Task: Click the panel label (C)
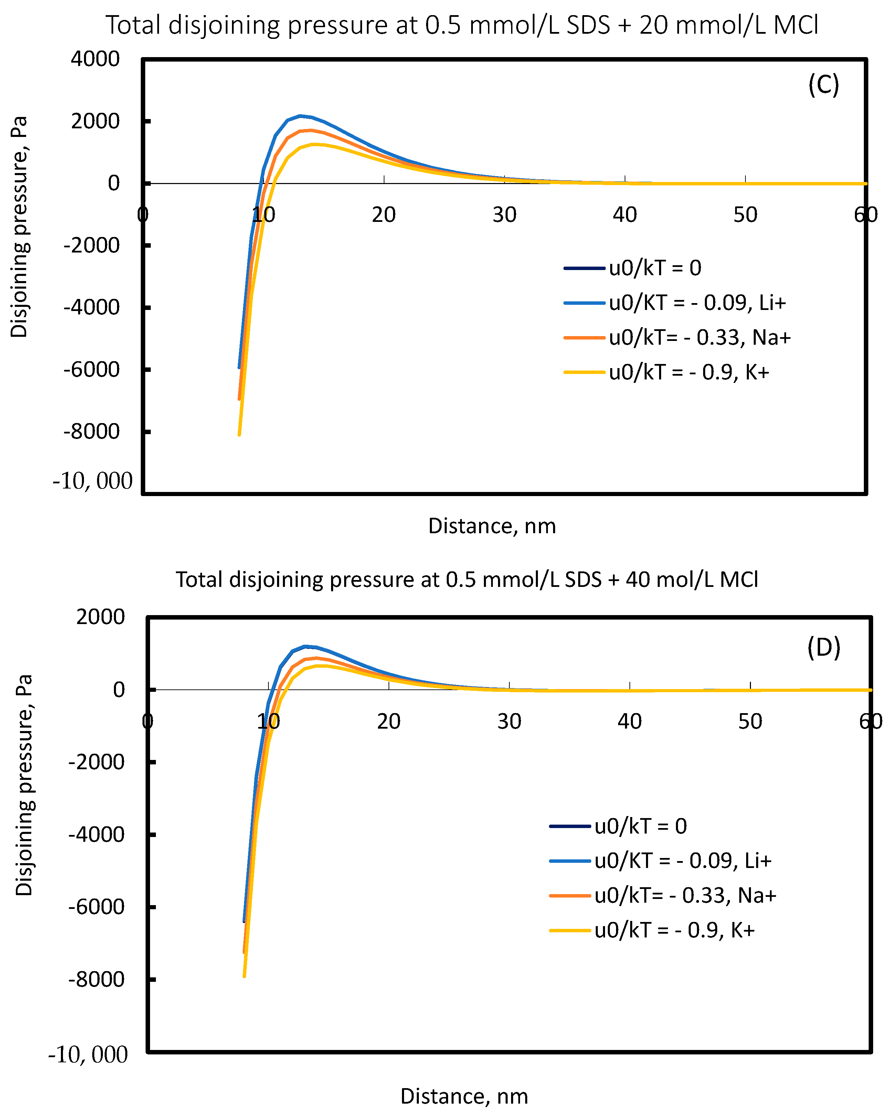pyautogui.click(x=823, y=84)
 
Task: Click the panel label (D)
pyautogui.click(x=823, y=647)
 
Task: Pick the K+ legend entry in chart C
pyautogui.click(x=689, y=372)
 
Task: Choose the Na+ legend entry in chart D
pyautogui.click(x=685, y=895)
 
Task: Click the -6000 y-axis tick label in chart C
pyautogui.click(x=91, y=369)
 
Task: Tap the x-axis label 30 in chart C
pyautogui.click(x=504, y=215)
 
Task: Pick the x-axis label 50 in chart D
pyautogui.click(x=750, y=721)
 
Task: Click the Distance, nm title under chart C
pyautogui.click(x=492, y=526)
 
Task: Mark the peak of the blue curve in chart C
pyautogui.click(x=300, y=116)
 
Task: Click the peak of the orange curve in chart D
pyautogui.click(x=317, y=658)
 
